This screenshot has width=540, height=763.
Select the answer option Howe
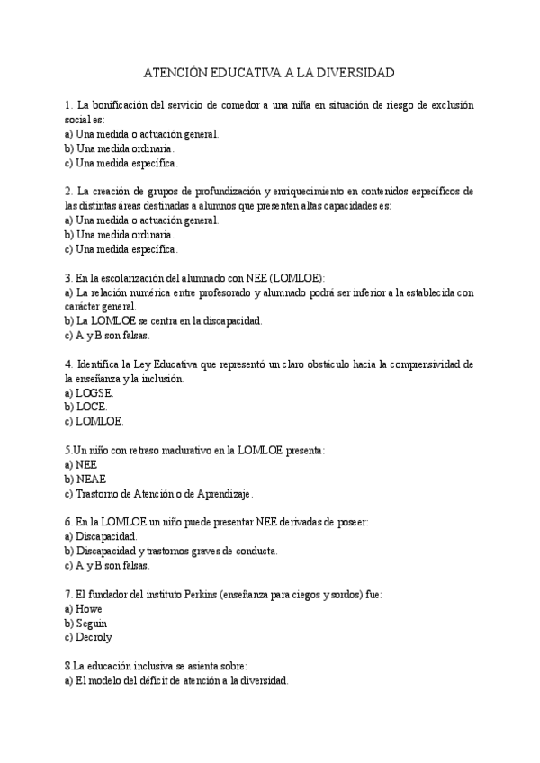click(x=89, y=608)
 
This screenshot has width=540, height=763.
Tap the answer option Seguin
click(x=93, y=623)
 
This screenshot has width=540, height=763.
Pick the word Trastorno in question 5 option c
click(x=98, y=493)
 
